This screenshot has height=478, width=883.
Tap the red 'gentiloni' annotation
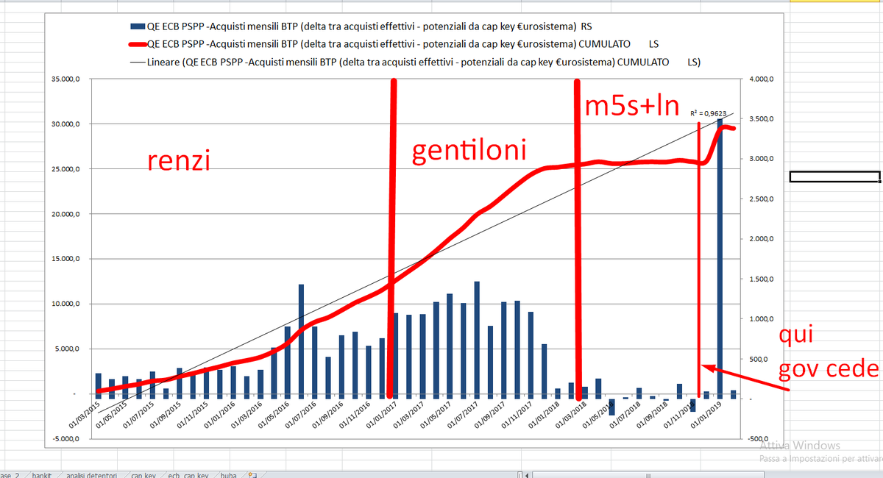(469, 151)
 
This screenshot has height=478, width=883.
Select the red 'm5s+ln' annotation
(632, 106)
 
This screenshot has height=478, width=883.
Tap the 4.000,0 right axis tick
(762, 79)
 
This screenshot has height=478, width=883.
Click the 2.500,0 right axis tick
(762, 199)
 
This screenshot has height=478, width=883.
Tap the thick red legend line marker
(141, 43)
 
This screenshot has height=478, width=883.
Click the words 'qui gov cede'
(827, 353)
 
